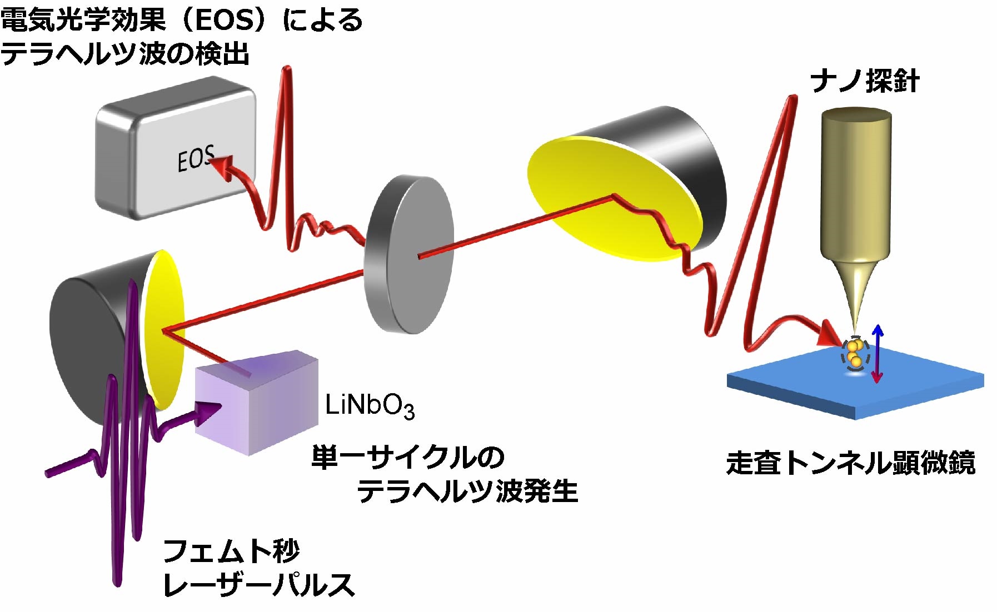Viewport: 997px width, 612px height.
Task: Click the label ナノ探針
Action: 864,82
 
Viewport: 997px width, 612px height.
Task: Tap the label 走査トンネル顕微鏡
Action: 851,463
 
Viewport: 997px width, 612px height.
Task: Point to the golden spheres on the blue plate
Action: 855,354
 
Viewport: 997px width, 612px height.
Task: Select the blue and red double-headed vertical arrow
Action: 877,354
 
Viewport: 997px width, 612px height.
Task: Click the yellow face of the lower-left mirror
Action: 164,328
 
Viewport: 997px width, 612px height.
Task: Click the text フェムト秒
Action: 231,551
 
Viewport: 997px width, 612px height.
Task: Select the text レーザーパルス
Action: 259,585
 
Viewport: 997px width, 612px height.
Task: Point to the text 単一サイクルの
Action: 407,457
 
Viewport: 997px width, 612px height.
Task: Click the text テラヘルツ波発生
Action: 467,491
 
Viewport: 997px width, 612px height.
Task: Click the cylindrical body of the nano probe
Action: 856,183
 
